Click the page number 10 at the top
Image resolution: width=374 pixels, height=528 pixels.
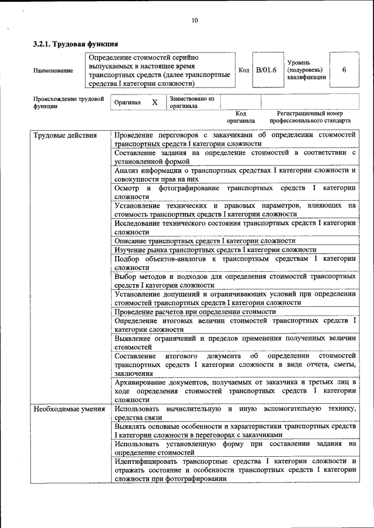195,20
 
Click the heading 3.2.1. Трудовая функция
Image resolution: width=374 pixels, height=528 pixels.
76,44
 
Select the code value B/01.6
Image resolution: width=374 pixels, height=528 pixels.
266,70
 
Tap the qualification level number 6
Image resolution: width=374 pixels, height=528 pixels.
344,70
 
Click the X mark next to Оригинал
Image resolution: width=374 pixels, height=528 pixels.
154,103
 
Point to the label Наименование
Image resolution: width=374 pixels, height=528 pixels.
53,71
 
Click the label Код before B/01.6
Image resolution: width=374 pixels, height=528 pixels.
244,70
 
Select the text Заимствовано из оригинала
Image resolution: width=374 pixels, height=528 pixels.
192,103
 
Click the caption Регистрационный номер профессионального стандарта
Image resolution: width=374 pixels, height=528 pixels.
310,117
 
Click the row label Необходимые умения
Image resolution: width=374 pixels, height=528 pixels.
69,409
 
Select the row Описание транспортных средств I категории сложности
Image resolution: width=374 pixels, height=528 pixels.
205,240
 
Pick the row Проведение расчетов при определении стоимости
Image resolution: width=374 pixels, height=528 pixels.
195,312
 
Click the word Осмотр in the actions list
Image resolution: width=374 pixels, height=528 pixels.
127,188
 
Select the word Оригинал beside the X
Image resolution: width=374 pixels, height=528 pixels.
127,103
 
